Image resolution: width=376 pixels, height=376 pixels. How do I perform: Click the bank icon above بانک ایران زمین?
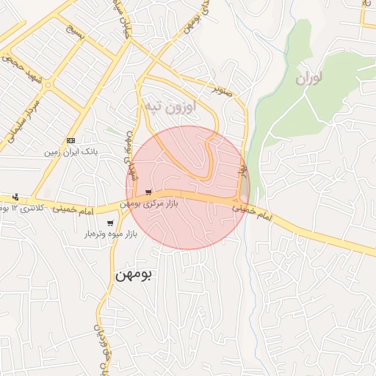(70, 140)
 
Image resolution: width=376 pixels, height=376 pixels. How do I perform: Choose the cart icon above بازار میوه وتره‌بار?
(110, 223)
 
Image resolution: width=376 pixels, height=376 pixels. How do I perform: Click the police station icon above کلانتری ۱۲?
(15, 197)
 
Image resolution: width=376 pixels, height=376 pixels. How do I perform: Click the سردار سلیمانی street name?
(22, 117)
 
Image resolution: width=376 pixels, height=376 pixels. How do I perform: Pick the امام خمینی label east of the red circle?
(253, 214)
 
